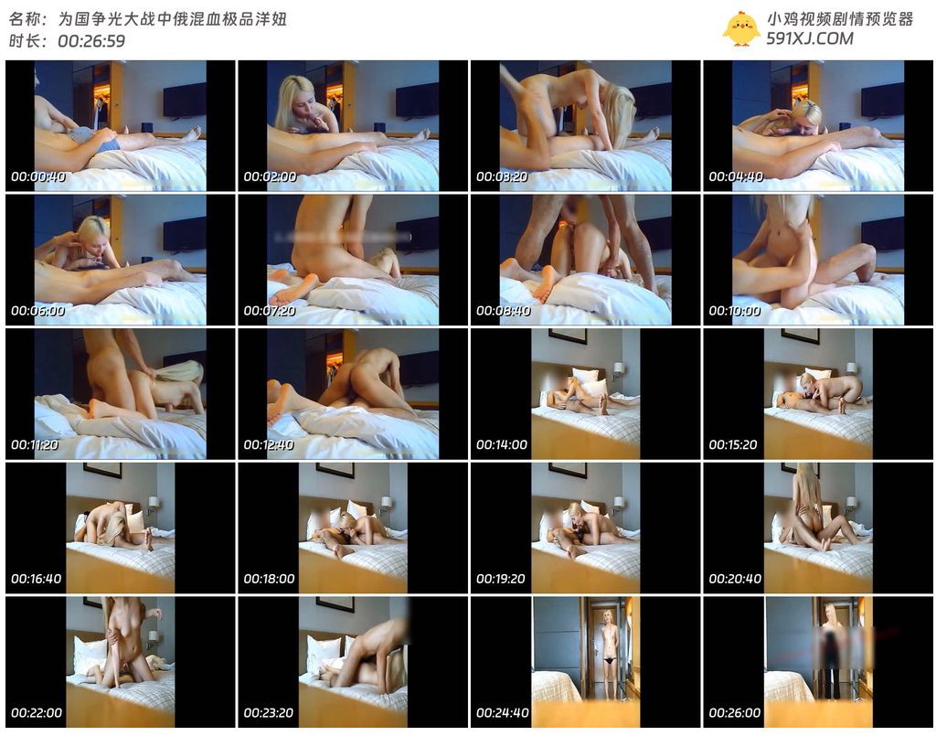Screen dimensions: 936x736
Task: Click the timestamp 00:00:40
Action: tap(38, 176)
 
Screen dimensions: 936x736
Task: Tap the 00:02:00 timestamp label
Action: tap(270, 176)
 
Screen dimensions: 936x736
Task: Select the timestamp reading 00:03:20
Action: tap(502, 176)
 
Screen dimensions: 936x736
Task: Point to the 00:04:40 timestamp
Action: tap(736, 176)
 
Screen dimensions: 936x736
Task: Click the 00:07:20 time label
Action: tap(270, 311)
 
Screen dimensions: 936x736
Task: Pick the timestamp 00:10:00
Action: tap(735, 311)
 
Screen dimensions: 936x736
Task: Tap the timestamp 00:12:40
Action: tap(270, 444)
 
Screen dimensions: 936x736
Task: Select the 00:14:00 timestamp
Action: tap(502, 444)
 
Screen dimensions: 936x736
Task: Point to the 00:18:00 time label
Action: tap(270, 579)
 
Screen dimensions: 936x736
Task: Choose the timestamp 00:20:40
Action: tap(735, 579)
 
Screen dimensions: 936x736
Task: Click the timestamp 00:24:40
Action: tap(503, 713)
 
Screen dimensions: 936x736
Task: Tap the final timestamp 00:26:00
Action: tap(735, 713)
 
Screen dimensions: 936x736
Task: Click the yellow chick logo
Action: tap(740, 28)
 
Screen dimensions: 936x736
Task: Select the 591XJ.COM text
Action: tap(810, 38)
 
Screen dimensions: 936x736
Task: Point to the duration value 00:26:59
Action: tap(91, 40)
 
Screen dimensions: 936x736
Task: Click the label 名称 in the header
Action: tap(25, 19)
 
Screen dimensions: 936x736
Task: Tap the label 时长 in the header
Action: tap(25, 40)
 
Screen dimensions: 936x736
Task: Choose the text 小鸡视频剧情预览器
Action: tap(840, 19)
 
